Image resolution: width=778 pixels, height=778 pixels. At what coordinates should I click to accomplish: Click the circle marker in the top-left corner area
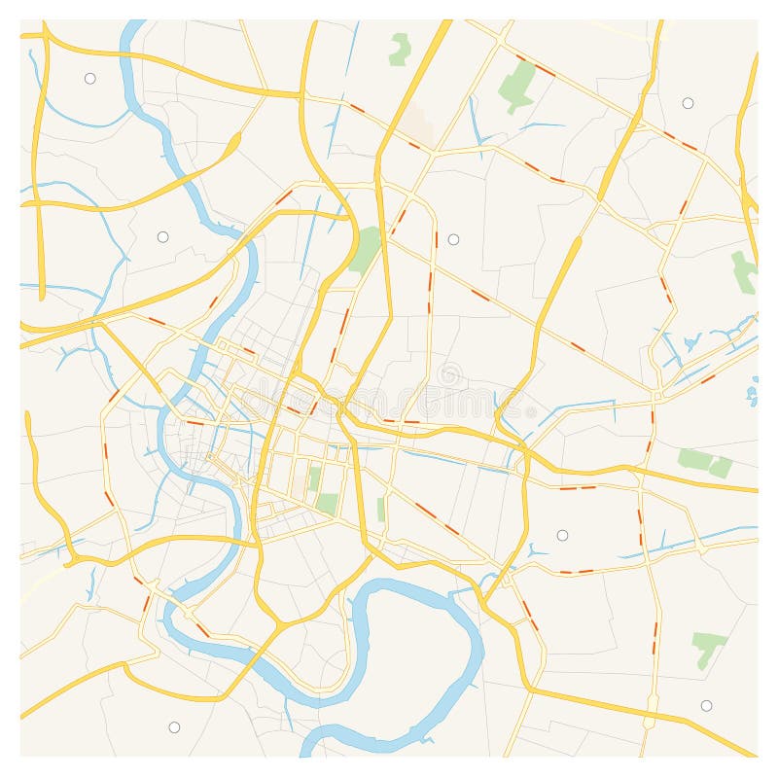[89, 78]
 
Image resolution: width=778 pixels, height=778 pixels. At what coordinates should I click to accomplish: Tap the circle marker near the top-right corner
[688, 103]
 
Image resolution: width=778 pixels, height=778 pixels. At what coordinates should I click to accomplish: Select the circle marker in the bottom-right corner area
[706, 705]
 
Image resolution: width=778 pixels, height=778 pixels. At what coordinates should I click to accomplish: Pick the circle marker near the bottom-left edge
[174, 726]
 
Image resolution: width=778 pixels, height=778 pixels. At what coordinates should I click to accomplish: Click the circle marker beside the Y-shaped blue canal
[562, 535]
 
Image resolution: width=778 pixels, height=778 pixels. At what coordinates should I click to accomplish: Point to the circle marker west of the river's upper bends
[162, 236]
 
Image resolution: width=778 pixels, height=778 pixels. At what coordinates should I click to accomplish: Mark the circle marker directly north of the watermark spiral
[453, 239]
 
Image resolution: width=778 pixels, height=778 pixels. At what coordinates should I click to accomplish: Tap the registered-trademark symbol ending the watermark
[530, 411]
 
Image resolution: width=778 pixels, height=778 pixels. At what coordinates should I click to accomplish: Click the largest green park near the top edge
[517, 86]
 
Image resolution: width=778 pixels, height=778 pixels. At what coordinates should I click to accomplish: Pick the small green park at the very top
[399, 49]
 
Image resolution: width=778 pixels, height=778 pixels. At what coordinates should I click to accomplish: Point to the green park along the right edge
[744, 272]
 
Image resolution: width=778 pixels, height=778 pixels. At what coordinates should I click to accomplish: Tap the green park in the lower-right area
[707, 646]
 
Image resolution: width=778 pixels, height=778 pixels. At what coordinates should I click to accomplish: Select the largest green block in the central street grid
[328, 504]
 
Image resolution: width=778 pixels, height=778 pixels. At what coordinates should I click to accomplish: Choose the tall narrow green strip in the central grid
[314, 478]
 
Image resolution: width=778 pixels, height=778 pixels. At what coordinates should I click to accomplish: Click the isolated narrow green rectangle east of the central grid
[381, 509]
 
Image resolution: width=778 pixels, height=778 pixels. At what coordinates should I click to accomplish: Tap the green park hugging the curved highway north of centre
[366, 250]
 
